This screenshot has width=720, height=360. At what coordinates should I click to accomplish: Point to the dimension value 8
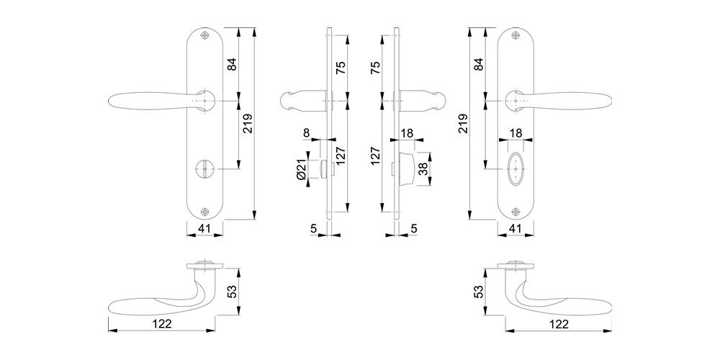click(x=307, y=132)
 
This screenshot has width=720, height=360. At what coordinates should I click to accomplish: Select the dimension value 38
click(x=423, y=168)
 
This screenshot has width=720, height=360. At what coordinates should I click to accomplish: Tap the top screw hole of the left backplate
click(x=204, y=35)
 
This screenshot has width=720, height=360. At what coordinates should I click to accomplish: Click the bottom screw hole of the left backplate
click(x=204, y=212)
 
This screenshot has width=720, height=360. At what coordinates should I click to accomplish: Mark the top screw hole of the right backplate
click(x=516, y=35)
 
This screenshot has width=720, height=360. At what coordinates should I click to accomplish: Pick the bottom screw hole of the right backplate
click(x=516, y=212)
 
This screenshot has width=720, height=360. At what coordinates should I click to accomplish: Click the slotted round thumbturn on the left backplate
click(x=204, y=169)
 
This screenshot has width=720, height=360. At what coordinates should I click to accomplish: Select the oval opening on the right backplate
click(x=516, y=169)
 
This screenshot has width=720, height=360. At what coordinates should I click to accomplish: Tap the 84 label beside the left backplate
click(x=233, y=64)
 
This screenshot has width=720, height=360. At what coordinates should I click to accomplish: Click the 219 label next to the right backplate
click(x=463, y=123)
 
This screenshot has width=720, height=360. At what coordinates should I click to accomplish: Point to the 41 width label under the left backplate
click(x=204, y=228)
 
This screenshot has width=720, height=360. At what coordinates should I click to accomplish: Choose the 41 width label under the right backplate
click(x=516, y=228)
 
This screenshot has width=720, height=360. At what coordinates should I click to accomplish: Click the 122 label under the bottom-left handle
click(x=162, y=324)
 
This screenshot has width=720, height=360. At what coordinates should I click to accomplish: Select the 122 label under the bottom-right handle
click(x=559, y=324)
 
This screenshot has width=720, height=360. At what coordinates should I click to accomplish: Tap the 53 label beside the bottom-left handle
click(x=233, y=291)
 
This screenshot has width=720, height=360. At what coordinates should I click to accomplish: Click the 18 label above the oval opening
click(x=516, y=133)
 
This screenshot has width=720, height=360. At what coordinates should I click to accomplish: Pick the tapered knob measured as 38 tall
click(x=407, y=168)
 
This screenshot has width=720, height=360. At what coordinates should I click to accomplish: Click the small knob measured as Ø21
click(x=325, y=168)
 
